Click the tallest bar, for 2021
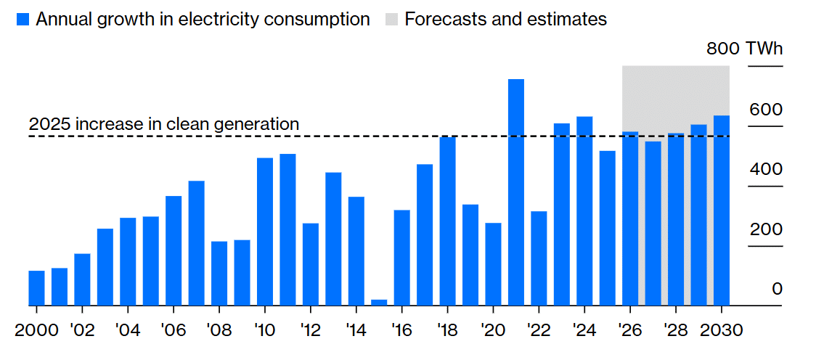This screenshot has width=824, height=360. pyautogui.click(x=515, y=192)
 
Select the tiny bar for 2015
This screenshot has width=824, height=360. pyautogui.click(x=379, y=303)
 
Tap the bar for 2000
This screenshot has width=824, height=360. pyautogui.click(x=36, y=288)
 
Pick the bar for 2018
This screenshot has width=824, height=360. pyautogui.click(x=447, y=221)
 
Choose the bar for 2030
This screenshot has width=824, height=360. pyautogui.click(x=722, y=210)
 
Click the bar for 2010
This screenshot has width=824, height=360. pyautogui.click(x=265, y=232)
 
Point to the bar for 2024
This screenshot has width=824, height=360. pyautogui.click(x=584, y=211)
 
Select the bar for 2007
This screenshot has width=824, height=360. pyautogui.click(x=196, y=243)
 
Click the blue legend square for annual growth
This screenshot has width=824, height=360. pyautogui.click(x=23, y=20)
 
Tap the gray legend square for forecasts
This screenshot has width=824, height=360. pyautogui.click(x=390, y=20)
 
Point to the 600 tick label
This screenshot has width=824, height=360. pyautogui.click(x=765, y=110)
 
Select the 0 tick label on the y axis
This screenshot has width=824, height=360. pyautogui.click(x=777, y=289)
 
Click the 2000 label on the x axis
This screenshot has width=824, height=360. pyautogui.click(x=36, y=331)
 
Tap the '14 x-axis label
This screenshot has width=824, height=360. pyautogui.click(x=356, y=331)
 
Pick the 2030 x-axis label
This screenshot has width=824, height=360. pyautogui.click(x=722, y=331)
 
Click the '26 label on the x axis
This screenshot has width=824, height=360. pyautogui.click(x=630, y=331)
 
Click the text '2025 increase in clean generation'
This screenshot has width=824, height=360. pyautogui.click(x=164, y=124)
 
